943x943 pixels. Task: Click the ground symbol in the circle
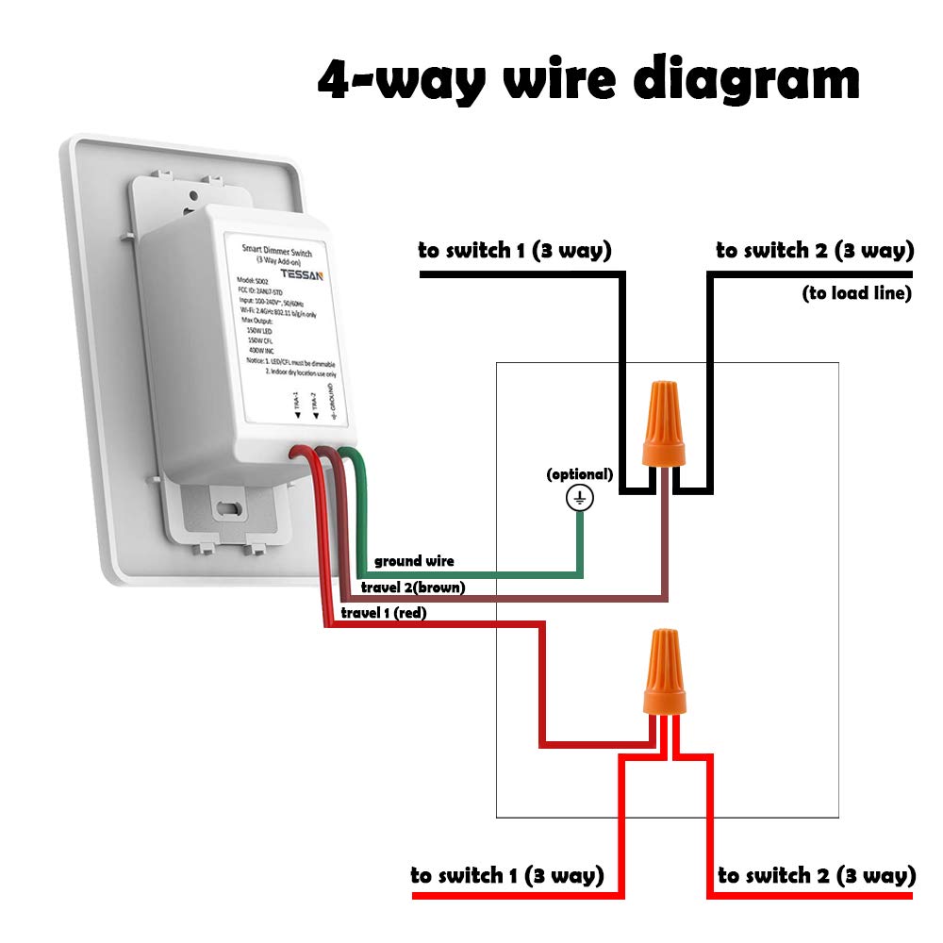tap(580, 499)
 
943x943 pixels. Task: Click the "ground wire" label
tap(414, 561)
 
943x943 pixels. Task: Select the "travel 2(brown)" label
tap(413, 587)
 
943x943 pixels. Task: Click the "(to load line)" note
tap(856, 293)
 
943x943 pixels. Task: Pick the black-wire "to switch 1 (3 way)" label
tap(515, 251)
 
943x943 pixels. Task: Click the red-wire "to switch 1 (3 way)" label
tap(506, 875)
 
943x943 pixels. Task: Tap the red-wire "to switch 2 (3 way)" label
tap(817, 875)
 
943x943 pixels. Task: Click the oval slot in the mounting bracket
tap(227, 507)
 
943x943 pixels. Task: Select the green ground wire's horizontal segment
tap(471, 573)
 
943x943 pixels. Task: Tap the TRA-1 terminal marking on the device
tap(291, 408)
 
